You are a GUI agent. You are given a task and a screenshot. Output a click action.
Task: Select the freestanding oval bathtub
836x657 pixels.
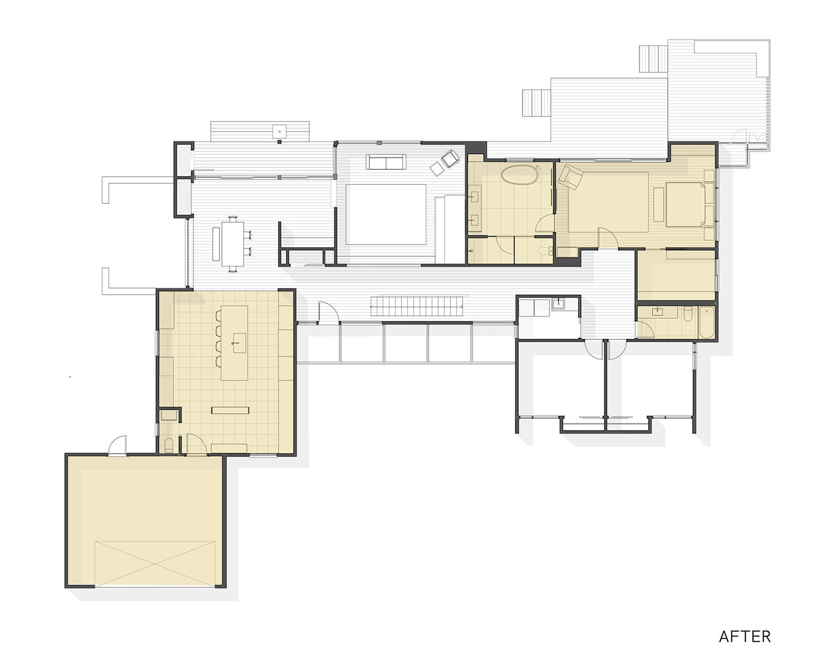(520, 175)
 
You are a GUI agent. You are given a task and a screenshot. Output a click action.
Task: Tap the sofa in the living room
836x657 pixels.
(386, 162)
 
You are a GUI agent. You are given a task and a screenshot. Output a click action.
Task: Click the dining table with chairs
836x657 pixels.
(234, 244)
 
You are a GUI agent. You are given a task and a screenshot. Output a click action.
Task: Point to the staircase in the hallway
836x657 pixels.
(417, 306)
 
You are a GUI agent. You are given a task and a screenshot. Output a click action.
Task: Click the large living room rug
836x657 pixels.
(386, 214)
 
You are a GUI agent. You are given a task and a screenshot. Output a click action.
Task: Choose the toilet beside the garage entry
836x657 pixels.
(168, 445)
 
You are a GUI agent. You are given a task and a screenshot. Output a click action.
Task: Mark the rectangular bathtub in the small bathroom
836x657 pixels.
(706, 322)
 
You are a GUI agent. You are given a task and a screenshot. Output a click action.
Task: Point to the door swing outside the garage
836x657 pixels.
(118, 445)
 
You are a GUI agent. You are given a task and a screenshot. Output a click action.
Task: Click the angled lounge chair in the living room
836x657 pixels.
(450, 158)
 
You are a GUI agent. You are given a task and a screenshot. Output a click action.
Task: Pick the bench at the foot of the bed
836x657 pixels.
(659, 205)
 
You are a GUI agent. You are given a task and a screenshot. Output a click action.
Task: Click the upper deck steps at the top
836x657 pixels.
(653, 59)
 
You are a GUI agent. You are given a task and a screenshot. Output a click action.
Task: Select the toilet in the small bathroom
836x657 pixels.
(688, 314)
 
